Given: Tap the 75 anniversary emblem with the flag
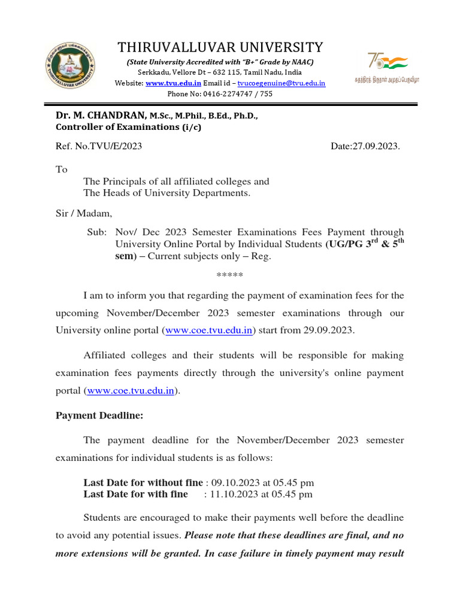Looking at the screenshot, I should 387,65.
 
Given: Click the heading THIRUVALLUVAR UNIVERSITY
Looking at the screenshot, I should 220,47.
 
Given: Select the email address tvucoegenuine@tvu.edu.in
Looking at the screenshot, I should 282,83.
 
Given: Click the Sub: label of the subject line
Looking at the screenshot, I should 97,232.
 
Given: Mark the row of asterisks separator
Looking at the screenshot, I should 229,275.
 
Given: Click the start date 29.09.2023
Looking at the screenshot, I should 334,330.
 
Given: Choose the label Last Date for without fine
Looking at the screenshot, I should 143,482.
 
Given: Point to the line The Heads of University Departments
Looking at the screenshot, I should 167,193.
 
